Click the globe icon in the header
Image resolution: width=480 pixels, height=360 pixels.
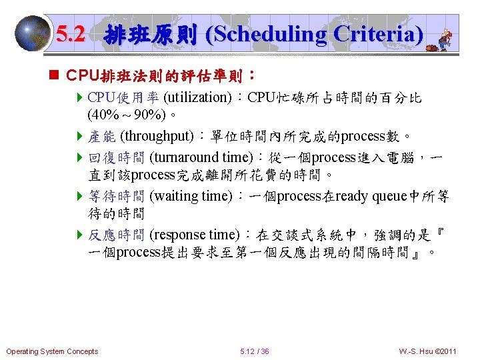pyautogui.click(x=33, y=33)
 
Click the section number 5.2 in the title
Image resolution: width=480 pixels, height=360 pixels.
pyautogui.click(x=71, y=34)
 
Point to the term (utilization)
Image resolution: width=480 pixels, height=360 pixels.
pyautogui.click(x=197, y=97)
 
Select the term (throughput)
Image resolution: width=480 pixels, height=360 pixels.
pyautogui.click(x=156, y=137)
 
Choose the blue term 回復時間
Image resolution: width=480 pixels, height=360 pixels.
pyautogui.click(x=117, y=157)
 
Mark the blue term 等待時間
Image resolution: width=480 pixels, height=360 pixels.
pyautogui.click(x=117, y=195)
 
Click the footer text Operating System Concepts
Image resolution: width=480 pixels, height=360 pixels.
pyautogui.click(x=52, y=351)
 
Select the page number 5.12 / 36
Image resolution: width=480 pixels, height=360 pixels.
pyautogui.click(x=254, y=351)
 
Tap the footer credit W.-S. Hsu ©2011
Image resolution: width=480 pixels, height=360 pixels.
pyautogui.click(x=427, y=351)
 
